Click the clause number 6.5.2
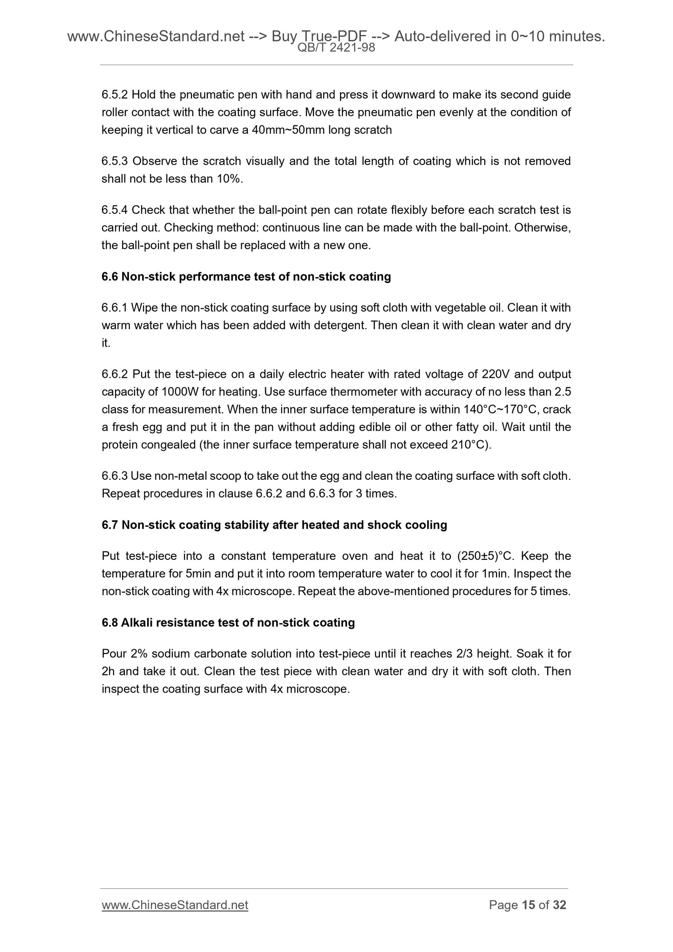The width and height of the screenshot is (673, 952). (x=115, y=95)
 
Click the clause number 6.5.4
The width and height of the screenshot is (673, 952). (x=115, y=211)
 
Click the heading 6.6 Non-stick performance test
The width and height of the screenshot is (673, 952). (x=246, y=277)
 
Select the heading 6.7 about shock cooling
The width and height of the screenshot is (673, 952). (x=274, y=525)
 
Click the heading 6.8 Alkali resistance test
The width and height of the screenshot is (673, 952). (x=228, y=623)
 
